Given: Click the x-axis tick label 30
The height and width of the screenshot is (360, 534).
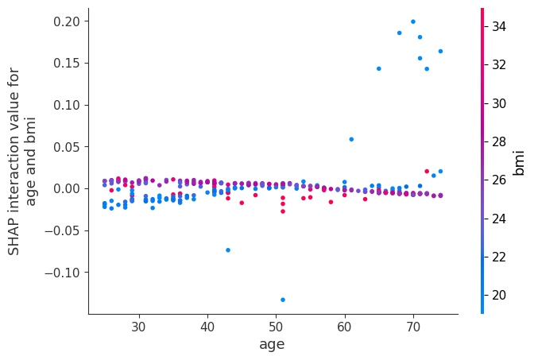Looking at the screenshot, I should pos(139,327).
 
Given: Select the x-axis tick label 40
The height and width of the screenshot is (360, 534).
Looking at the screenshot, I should pos(207,327).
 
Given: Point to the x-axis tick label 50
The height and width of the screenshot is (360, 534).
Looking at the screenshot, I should pos(276,327).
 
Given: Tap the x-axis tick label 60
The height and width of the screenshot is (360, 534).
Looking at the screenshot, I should pos(344,327).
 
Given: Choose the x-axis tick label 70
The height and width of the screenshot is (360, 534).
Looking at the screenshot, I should pos(412,327).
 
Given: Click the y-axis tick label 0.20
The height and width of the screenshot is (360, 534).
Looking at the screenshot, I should pos(67,21).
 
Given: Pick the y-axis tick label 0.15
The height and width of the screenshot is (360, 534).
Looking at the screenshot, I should pos(67,63).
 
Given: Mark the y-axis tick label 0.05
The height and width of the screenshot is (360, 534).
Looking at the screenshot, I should pos(67,147).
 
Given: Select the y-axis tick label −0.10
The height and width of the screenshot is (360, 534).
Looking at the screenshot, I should pos(64,273).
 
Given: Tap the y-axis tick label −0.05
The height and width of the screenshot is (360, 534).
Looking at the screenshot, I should pos(64,230).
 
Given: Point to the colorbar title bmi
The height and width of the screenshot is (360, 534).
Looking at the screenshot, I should pos(520,161).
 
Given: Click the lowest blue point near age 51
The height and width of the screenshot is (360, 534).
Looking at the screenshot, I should pos(282,300).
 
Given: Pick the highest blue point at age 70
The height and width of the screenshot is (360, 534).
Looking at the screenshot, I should pos(412,21).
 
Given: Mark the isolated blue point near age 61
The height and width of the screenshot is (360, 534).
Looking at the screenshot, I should pos(351,139).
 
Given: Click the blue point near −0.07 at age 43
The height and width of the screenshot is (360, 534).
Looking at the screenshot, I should pos(228,250).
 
